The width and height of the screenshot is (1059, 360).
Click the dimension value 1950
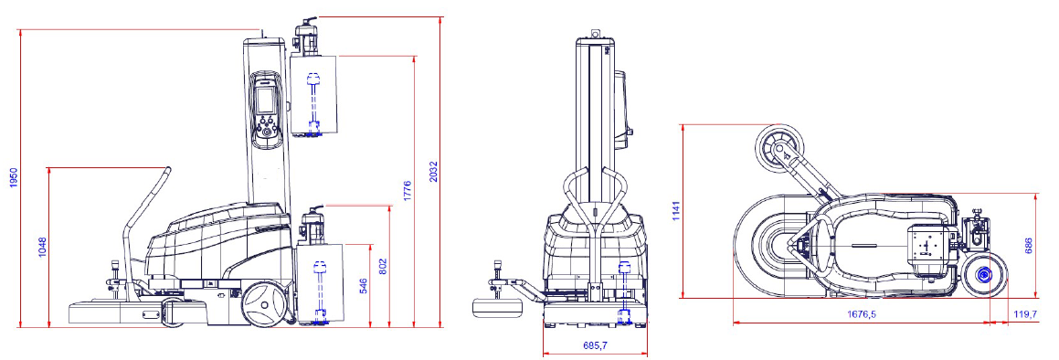(x=13, y=177)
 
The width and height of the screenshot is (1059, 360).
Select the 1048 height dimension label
(x=42, y=247)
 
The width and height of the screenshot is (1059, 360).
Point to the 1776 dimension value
(x=407, y=191)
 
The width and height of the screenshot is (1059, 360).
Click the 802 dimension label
(x=382, y=266)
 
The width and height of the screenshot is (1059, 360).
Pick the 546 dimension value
(x=363, y=286)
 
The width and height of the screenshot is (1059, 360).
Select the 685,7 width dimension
(x=594, y=345)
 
